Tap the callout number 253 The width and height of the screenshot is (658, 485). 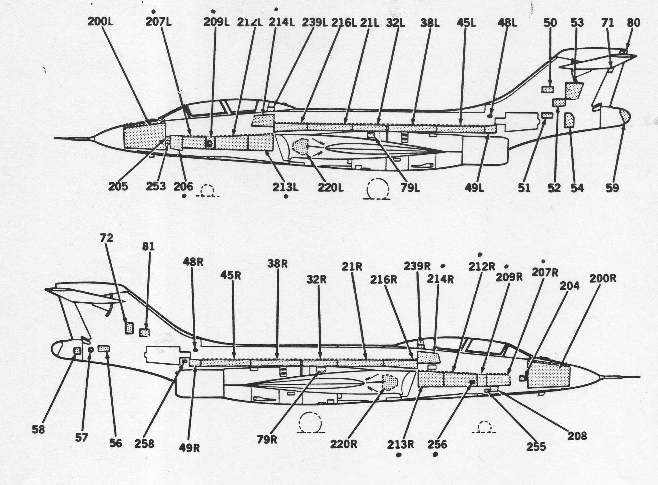156,186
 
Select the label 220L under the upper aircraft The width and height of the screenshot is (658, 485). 330,187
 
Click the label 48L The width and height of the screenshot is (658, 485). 507,23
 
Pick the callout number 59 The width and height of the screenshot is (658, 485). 612,188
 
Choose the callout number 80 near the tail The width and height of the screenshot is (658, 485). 633,23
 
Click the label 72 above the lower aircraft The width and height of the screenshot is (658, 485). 107,238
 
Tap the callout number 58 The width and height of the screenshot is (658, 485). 38,430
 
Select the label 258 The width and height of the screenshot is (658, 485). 144,443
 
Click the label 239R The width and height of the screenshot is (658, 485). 417,266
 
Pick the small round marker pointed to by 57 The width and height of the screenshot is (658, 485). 91,349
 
